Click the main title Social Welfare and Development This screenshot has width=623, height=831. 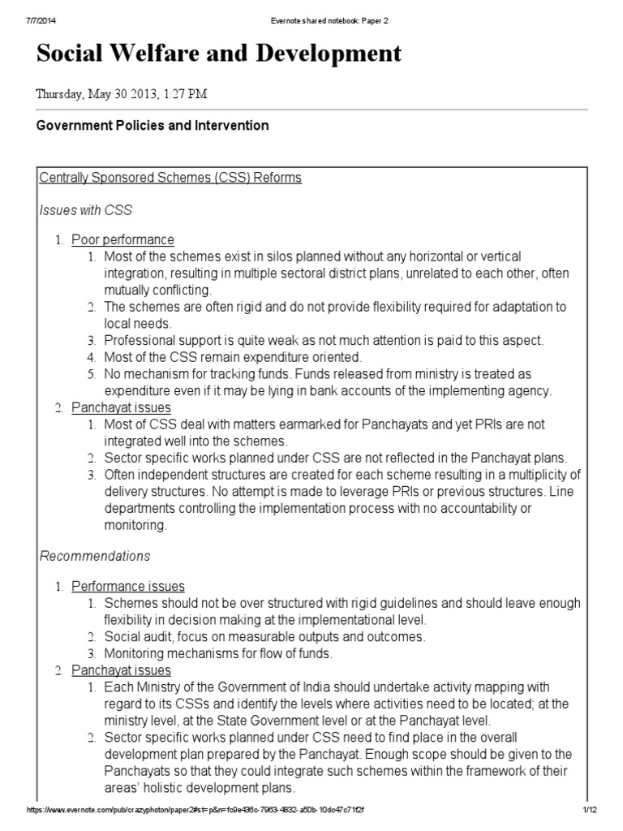(x=219, y=54)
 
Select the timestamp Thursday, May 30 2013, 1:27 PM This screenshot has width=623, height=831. (x=121, y=93)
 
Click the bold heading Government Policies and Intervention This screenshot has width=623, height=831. (x=153, y=126)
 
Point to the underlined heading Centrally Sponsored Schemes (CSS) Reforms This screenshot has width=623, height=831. (x=170, y=178)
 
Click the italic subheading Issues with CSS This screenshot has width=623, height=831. (x=85, y=209)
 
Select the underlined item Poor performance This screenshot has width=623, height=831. (x=122, y=239)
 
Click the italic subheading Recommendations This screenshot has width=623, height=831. (x=95, y=556)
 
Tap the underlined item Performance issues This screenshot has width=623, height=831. (x=127, y=586)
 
